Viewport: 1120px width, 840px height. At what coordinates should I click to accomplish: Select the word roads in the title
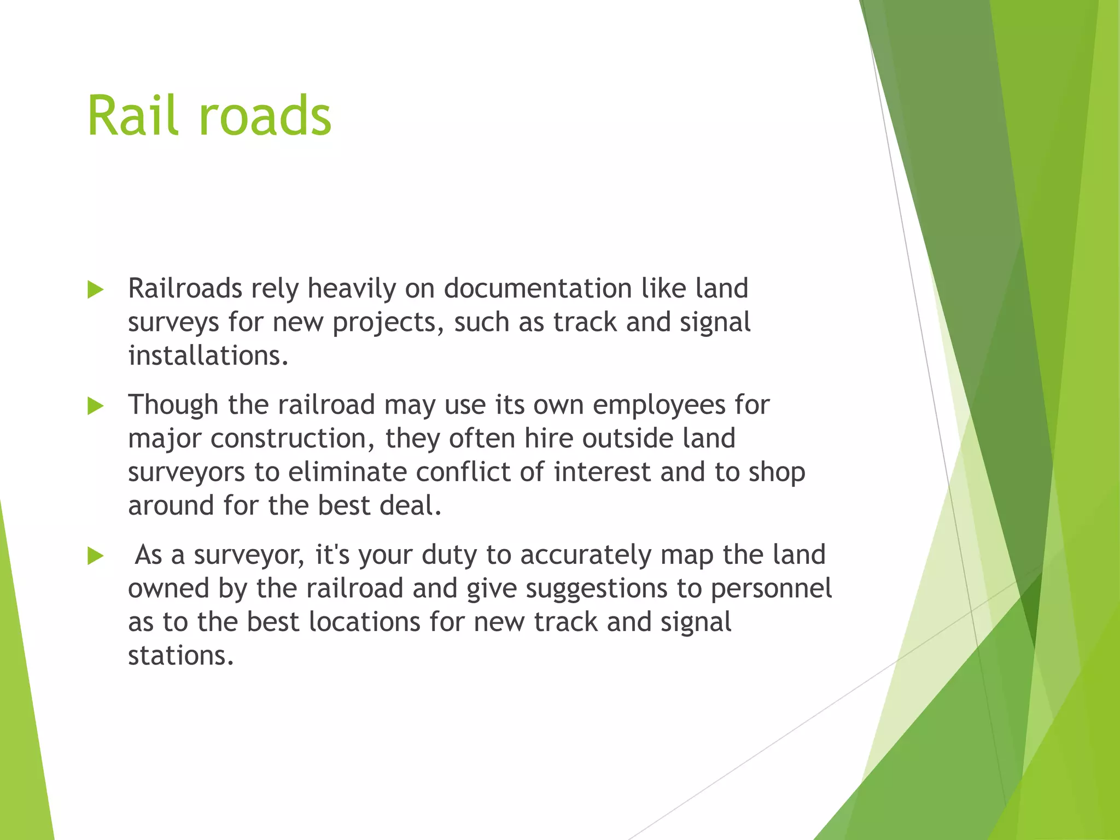point(265,116)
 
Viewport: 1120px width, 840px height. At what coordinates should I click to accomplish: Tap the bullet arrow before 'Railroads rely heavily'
point(95,290)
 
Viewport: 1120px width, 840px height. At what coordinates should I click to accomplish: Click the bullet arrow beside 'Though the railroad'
point(95,406)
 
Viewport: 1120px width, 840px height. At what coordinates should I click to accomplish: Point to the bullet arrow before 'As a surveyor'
point(95,556)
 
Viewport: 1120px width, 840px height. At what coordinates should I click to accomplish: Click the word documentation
point(538,288)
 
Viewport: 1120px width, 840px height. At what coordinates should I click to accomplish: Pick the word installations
point(208,355)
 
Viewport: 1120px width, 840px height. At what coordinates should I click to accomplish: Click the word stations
point(180,656)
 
